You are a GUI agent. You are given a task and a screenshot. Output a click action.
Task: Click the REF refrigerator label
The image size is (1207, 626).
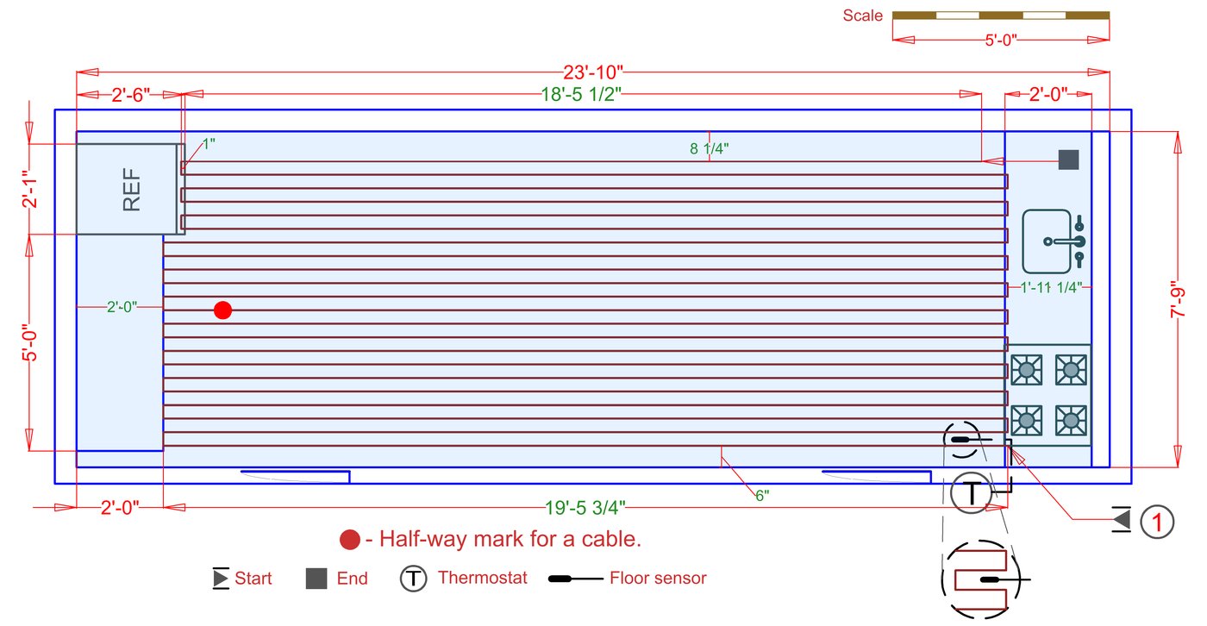tap(132, 189)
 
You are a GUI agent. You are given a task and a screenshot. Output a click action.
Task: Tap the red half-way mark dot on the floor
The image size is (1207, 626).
tap(222, 310)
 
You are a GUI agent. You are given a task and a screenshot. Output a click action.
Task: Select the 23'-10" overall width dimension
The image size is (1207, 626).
tap(593, 72)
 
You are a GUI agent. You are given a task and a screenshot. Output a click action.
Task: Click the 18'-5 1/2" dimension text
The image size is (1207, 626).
tap(581, 94)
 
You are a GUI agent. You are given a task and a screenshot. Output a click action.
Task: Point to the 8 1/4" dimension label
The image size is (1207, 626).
tap(709, 148)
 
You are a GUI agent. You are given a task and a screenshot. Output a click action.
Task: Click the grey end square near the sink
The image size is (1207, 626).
tap(1068, 160)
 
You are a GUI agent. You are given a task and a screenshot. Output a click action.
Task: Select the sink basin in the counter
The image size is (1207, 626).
tap(1047, 241)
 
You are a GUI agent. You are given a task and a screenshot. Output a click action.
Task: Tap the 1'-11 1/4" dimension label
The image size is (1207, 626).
tap(1051, 288)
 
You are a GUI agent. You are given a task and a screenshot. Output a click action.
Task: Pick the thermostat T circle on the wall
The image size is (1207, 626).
tap(971, 491)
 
